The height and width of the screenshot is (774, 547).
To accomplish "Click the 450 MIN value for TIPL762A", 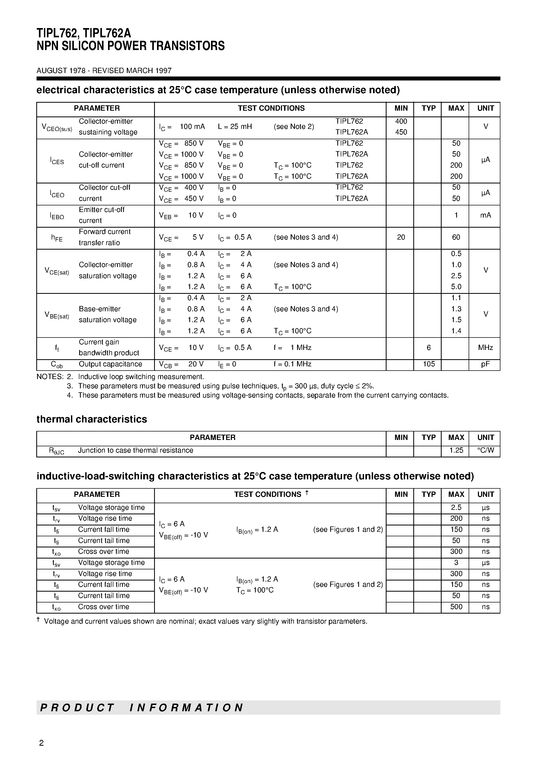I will point(401,132).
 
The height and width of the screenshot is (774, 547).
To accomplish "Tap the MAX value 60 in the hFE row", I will point(456,237).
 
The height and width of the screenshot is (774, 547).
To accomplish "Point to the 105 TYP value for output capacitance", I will point(429,364).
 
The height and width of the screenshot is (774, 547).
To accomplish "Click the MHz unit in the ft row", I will point(485,348).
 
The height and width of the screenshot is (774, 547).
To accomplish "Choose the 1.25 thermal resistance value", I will point(456,450).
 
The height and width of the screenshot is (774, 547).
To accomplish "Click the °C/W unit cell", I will point(486,450).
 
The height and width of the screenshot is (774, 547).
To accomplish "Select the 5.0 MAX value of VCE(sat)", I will point(456,287).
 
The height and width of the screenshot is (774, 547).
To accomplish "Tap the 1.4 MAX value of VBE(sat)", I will point(456,331).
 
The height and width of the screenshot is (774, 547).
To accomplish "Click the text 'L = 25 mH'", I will point(235,127).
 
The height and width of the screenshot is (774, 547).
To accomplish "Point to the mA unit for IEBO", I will point(485,215).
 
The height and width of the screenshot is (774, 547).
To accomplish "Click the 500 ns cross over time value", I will point(456,607).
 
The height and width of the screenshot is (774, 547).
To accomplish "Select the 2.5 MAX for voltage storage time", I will point(456,508).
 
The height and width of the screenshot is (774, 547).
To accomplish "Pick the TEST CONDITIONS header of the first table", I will point(271,108).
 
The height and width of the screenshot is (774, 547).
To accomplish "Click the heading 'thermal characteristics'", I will point(92,419).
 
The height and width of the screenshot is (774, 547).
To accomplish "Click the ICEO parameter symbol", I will point(57,194).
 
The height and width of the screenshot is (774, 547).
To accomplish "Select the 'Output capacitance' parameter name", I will point(110,364).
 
